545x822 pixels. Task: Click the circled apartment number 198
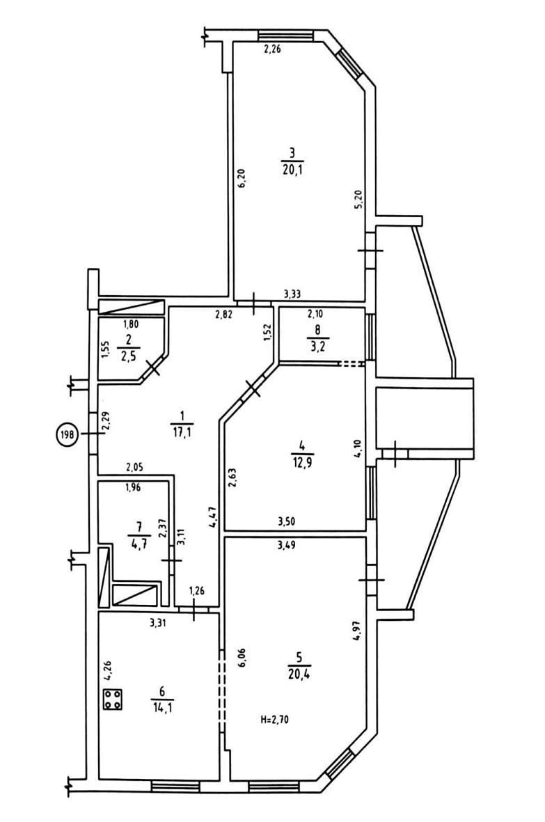[68, 434]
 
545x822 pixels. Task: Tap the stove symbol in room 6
[113, 700]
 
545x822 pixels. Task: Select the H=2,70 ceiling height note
[274, 720]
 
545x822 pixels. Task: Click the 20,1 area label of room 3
[292, 170]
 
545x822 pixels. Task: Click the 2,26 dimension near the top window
[273, 50]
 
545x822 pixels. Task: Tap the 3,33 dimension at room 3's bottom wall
[292, 295]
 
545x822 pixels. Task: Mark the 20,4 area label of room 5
[298, 674]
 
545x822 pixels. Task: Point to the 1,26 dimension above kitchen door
[196, 591]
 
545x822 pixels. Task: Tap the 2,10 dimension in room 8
[315, 314]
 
